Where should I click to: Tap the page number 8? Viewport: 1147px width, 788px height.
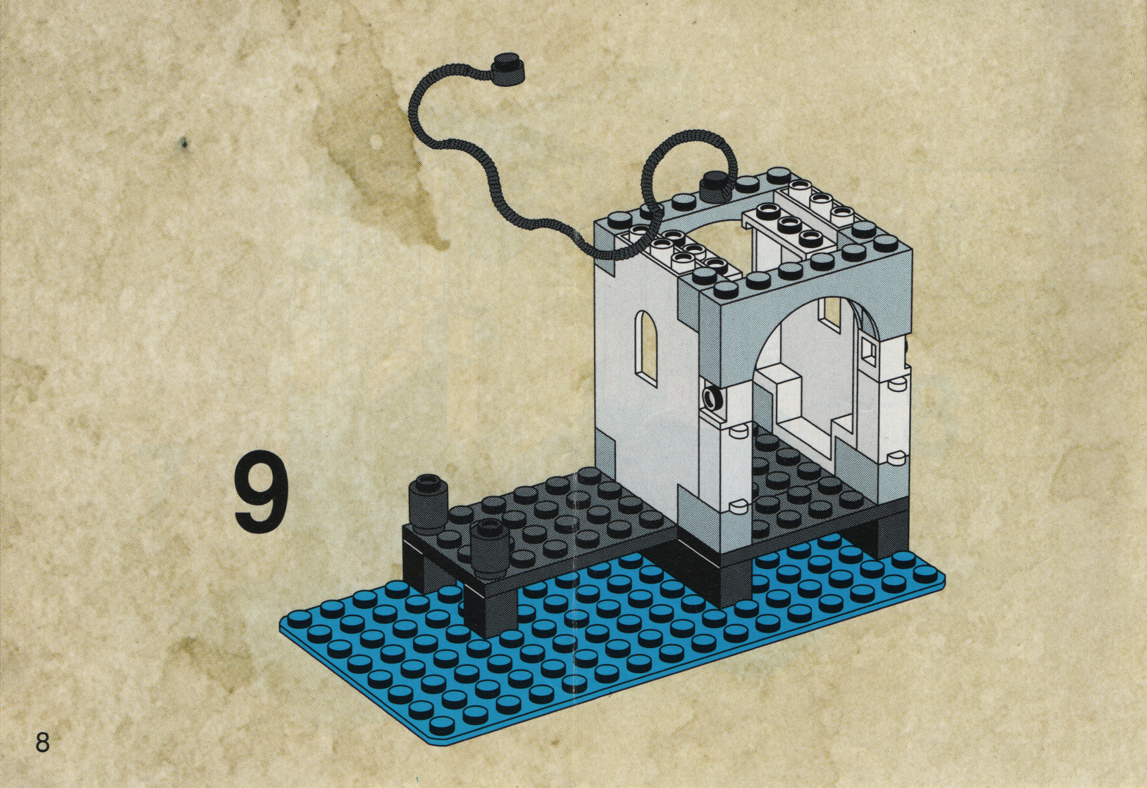click(42, 741)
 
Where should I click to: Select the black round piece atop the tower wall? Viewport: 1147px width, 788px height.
click(714, 182)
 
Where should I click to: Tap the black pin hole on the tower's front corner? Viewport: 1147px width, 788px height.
click(714, 398)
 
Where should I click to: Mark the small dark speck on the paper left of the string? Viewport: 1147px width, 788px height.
click(185, 142)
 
